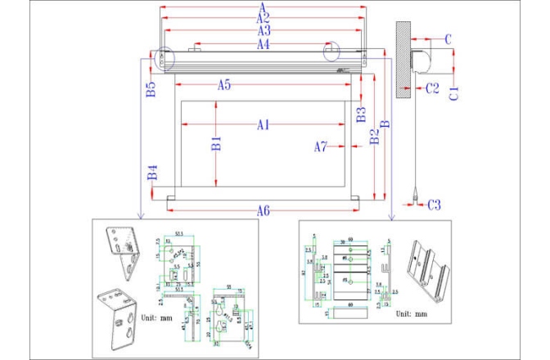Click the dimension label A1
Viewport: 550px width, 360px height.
[x=262, y=125]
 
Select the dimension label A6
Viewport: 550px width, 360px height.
[x=262, y=210]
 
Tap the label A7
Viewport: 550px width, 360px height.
[x=321, y=146]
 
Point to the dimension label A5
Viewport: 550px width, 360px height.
[x=223, y=84]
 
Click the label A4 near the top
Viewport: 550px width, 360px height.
[x=263, y=44]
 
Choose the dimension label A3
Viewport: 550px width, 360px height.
[x=263, y=31]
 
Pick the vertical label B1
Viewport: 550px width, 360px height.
[x=216, y=144]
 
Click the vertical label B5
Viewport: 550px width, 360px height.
[x=151, y=90]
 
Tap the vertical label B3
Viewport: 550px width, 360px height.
[x=360, y=114]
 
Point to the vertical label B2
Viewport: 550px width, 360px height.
[x=373, y=136]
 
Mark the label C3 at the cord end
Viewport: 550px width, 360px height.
[x=434, y=205]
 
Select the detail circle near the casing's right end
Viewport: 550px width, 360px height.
[x=333, y=52]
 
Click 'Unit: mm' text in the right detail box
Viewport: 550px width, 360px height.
[x=411, y=313]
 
